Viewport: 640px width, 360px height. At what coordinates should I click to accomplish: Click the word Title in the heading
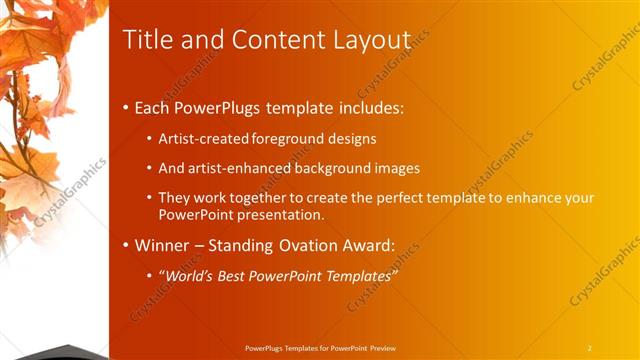click(x=145, y=40)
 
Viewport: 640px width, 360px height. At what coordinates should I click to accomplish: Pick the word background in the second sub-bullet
click(x=323, y=168)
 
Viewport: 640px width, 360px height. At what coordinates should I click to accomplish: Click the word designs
click(x=354, y=138)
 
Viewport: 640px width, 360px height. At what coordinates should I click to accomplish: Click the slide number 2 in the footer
click(x=590, y=348)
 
